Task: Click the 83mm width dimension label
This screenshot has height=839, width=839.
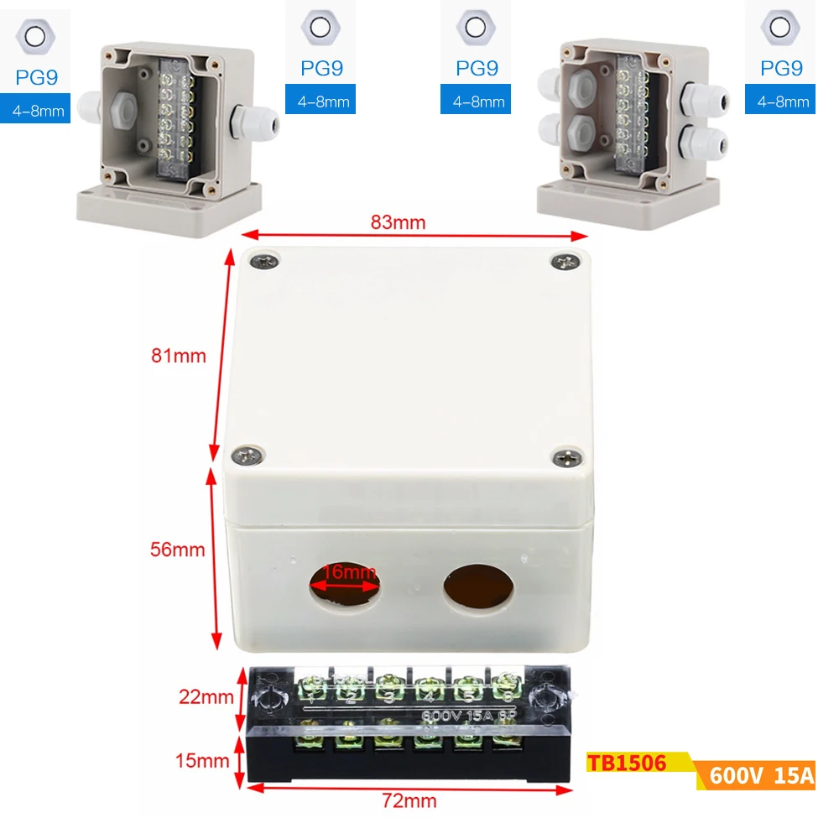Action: [399, 222]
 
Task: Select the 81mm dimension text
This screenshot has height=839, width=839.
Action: [179, 355]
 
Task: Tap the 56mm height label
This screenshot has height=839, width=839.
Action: [177, 550]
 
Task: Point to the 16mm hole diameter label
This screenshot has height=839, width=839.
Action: [349, 572]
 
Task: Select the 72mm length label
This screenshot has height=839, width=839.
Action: [409, 800]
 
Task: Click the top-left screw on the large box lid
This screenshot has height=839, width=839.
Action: [264, 263]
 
